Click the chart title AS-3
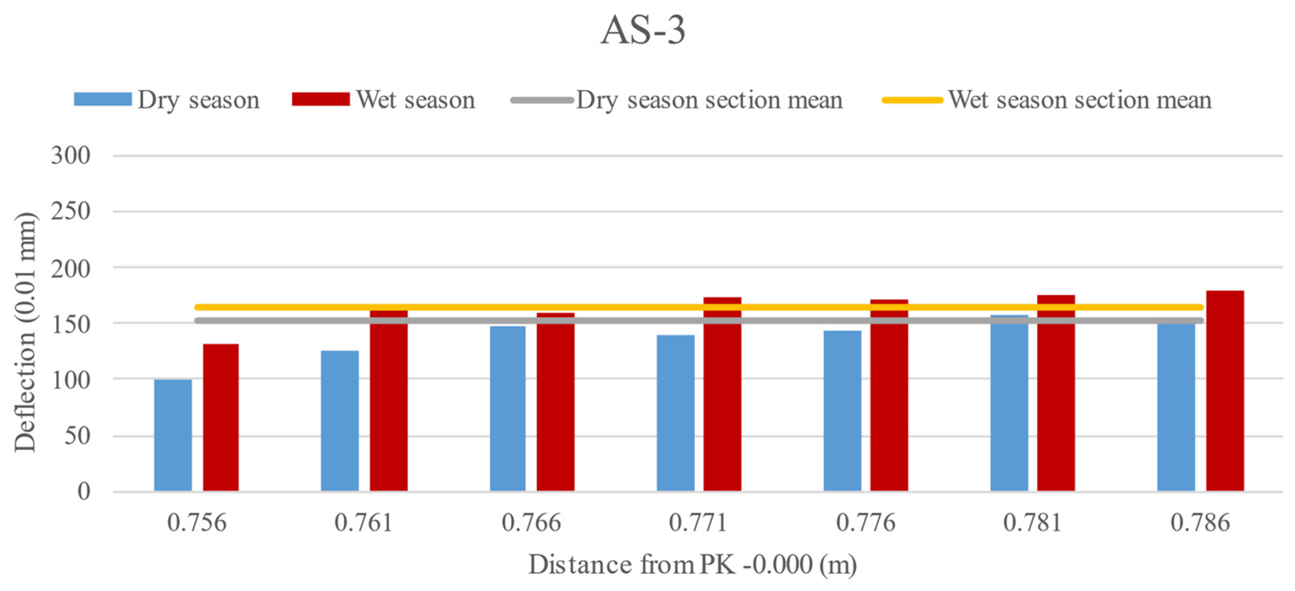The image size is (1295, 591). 642,30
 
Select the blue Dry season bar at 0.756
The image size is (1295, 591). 173,435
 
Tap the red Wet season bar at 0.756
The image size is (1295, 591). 221,418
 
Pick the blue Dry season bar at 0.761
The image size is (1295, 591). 340,421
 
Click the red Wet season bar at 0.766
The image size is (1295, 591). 555,402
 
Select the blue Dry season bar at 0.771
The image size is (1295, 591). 676,413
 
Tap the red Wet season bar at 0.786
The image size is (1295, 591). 1225,392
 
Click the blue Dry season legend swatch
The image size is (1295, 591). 103,99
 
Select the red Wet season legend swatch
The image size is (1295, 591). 321,99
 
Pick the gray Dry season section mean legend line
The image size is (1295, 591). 542,100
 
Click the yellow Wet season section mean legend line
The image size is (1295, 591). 912,100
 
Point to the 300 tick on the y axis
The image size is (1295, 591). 71,156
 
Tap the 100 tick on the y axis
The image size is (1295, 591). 71,380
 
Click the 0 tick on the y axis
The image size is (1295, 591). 84,491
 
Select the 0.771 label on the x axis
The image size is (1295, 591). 698,523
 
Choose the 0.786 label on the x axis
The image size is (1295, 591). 1200,523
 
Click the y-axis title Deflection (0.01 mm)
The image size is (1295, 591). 25,332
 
